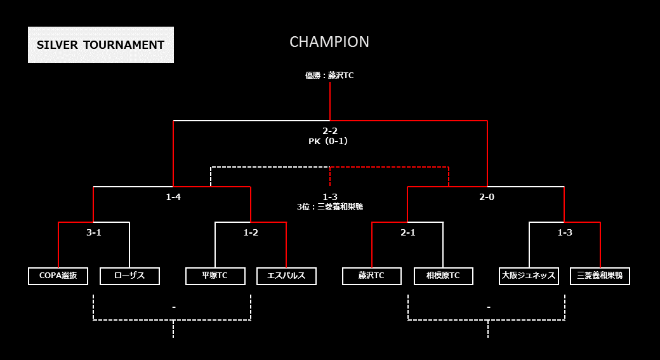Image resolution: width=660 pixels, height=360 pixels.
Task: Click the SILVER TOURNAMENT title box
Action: click(x=101, y=44)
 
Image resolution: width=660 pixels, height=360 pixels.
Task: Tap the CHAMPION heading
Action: click(x=329, y=42)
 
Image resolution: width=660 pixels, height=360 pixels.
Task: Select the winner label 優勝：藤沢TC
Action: click(x=329, y=76)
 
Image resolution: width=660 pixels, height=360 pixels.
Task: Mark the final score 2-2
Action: click(x=330, y=131)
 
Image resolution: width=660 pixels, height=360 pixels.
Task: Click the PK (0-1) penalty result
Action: click(x=328, y=142)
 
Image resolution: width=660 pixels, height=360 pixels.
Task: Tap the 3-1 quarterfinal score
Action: click(x=94, y=232)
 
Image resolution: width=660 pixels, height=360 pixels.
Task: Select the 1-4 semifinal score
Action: click(x=173, y=197)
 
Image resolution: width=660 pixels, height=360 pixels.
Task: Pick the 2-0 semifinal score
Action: click(x=487, y=197)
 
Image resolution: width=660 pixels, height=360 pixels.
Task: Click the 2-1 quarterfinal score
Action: click(x=408, y=232)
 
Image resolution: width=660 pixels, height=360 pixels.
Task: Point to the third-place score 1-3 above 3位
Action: click(x=330, y=197)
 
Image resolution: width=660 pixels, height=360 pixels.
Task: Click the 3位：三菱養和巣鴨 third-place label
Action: click(x=330, y=207)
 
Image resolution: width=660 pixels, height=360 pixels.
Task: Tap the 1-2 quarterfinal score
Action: click(x=251, y=232)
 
